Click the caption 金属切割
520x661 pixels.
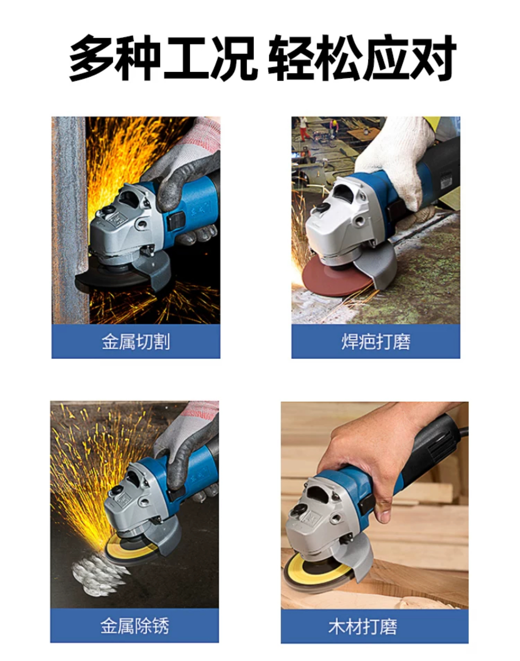[x=135, y=342]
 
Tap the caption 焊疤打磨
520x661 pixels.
[x=376, y=342]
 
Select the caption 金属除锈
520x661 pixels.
[x=135, y=626]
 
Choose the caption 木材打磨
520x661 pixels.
[x=362, y=627]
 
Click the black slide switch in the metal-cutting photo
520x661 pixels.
[x=176, y=221]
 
